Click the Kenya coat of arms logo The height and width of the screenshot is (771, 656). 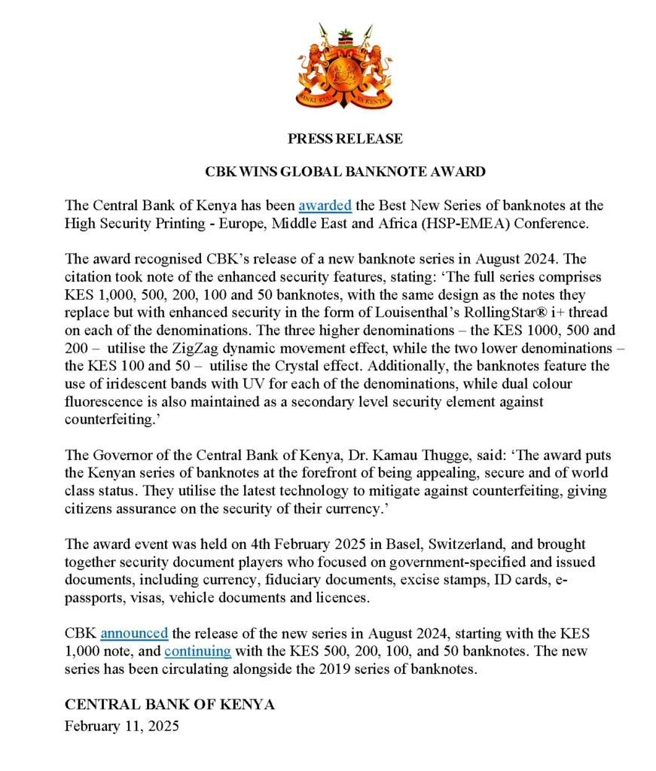click(345, 67)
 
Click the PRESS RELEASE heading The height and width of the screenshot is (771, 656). click(345, 139)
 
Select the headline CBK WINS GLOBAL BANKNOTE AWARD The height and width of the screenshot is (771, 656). click(345, 172)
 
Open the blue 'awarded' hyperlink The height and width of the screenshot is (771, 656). click(325, 205)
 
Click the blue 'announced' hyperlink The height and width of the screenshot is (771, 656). click(134, 633)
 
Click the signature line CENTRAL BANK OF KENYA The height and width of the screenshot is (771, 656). click(169, 705)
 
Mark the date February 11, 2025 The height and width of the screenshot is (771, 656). click(122, 727)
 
